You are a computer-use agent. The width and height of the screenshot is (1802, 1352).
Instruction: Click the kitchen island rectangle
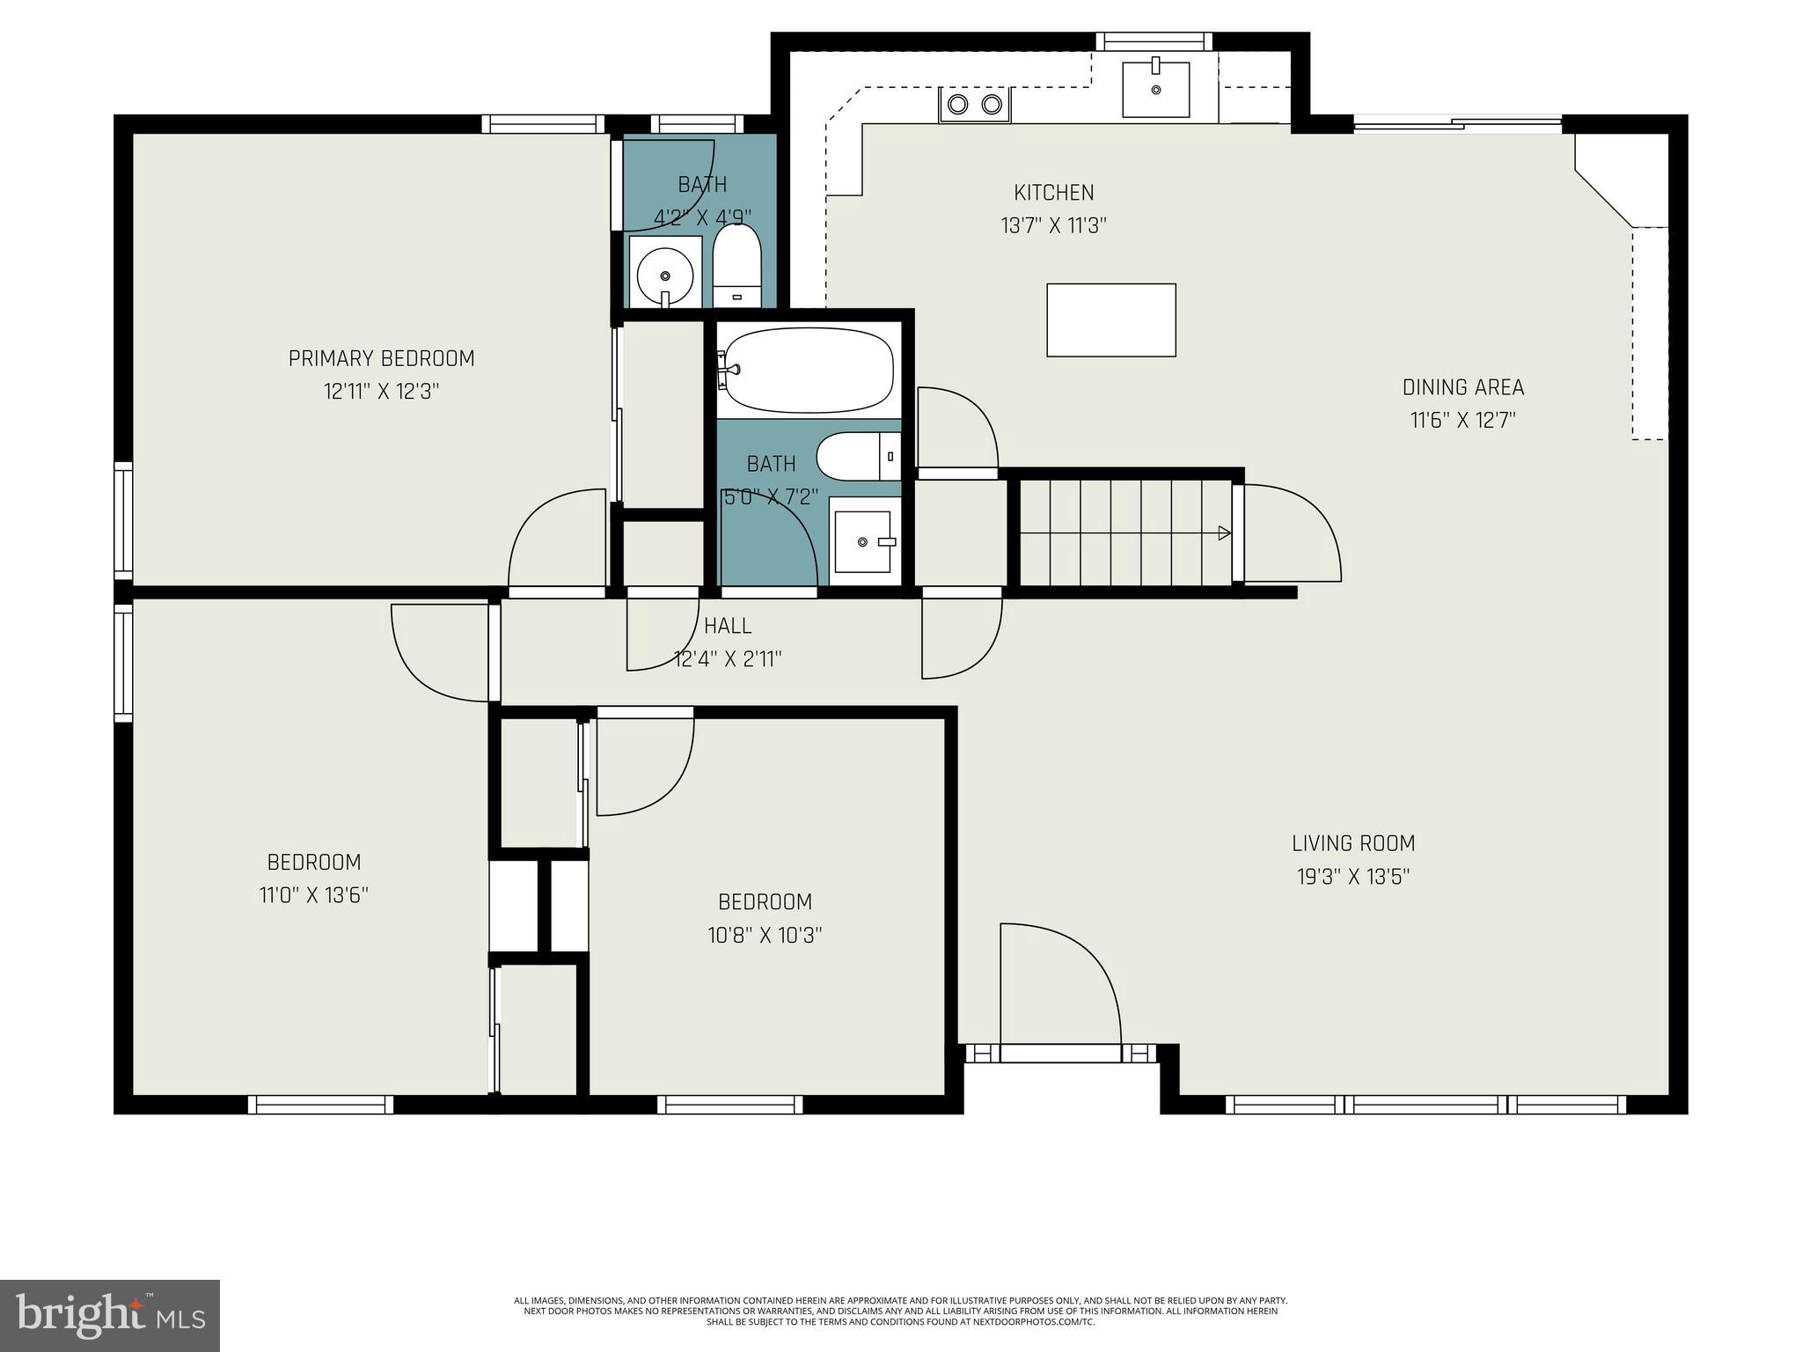(1110, 320)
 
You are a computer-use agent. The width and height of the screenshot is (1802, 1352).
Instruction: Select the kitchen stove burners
(974, 105)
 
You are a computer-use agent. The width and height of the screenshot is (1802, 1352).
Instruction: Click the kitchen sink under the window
(1155, 88)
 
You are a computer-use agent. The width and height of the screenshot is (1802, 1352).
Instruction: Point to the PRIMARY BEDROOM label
(381, 358)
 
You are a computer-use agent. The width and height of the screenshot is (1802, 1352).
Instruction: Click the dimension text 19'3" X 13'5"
(1353, 877)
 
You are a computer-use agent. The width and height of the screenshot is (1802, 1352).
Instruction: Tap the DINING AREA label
(1462, 387)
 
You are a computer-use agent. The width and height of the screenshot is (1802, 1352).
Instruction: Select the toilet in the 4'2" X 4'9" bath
(736, 264)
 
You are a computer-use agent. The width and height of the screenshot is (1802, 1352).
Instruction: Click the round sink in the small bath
(663, 271)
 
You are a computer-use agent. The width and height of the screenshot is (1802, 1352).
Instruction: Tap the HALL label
(728, 626)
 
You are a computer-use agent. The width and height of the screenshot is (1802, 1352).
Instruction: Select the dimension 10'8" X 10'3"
(765, 935)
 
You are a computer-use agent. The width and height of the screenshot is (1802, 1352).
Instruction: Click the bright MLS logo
(110, 1315)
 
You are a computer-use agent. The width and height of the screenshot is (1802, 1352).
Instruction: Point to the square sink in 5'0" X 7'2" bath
(864, 540)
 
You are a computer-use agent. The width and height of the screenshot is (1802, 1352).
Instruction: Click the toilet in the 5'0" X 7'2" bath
(858, 456)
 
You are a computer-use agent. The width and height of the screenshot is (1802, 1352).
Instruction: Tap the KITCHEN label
(1053, 193)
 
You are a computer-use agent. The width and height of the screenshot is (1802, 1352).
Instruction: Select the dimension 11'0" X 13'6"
(313, 895)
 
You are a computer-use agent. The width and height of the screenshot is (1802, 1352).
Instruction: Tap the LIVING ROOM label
(1353, 843)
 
